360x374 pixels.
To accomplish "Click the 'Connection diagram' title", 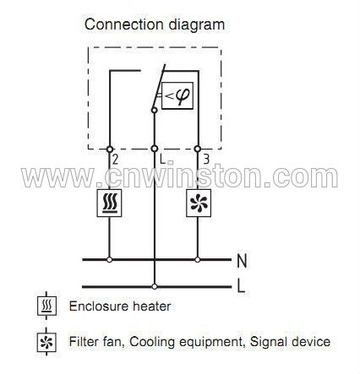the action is pos(155,24).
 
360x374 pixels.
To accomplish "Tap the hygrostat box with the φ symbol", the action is pos(177,95).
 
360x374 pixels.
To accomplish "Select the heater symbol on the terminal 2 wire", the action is pos(109,203).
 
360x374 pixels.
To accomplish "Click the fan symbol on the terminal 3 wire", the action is pos(199,203).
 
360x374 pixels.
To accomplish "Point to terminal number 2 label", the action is pos(115,160).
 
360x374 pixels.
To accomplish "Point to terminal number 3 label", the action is pos(206,160).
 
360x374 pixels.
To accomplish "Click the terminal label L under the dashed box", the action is pos(163,160).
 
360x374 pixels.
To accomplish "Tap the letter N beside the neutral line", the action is pos(242,261).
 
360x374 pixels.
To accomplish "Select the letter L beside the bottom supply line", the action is pos(241,286).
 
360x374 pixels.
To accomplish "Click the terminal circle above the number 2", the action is pos(110,149).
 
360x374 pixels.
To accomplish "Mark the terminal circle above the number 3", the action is pos(198,149).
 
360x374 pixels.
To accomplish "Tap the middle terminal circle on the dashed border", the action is pos(154,149).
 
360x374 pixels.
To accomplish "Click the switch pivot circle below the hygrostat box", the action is pos(154,110).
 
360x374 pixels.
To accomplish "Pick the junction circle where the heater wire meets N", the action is pos(110,259).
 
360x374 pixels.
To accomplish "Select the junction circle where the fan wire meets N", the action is pos(198,259).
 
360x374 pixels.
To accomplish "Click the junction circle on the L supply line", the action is pos(154,287).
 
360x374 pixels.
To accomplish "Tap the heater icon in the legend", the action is pos(46,306).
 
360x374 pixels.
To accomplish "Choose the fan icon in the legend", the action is pos(46,342).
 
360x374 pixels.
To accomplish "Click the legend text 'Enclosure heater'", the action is pos(120,306).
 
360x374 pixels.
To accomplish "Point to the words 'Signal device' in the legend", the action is pos(290,342).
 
